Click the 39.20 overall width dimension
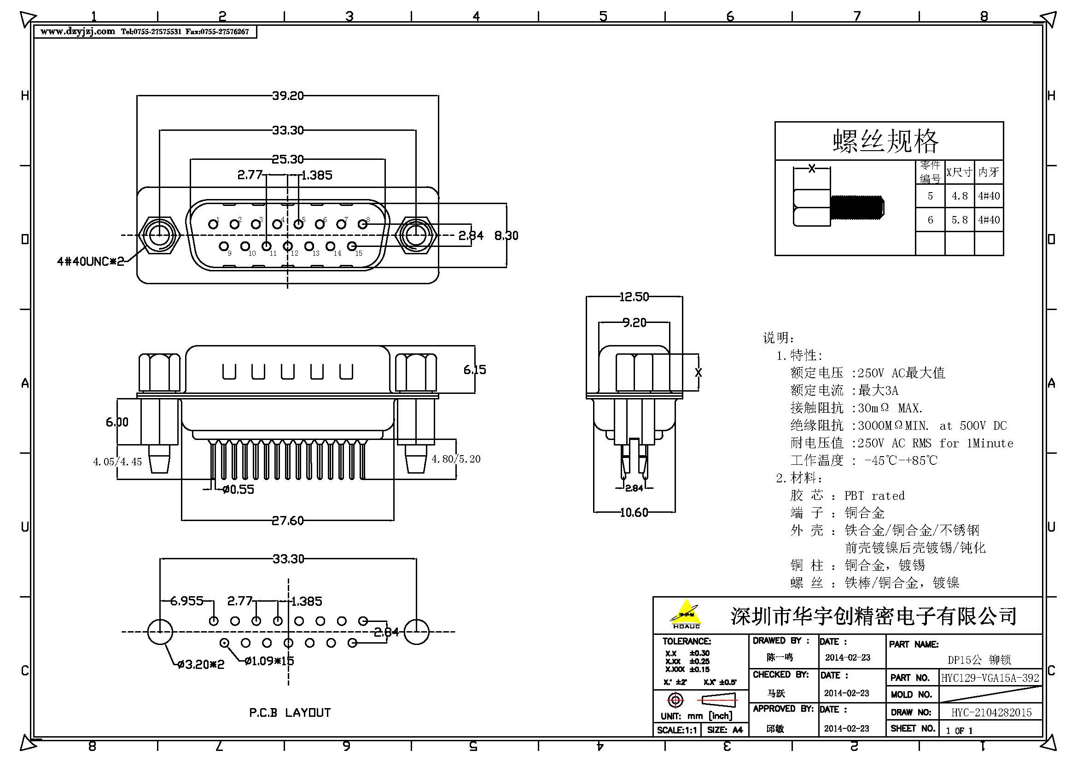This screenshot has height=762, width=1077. click(287, 96)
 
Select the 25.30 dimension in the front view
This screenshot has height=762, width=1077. click(287, 159)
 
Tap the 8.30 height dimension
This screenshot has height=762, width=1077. click(506, 235)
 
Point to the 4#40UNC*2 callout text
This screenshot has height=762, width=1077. click(90, 261)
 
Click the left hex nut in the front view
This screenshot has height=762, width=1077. click(159, 235)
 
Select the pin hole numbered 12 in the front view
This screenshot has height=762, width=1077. click(288, 246)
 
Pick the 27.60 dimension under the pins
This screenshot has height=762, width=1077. click(287, 520)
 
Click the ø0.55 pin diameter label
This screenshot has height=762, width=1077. click(239, 489)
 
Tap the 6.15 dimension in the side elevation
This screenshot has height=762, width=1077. click(475, 370)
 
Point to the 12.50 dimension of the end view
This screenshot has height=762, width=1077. click(634, 297)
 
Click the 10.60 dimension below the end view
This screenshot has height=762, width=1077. click(634, 512)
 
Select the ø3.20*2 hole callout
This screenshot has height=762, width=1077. click(201, 664)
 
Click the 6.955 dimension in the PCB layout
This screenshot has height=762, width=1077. click(186, 601)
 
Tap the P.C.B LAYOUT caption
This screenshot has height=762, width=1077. click(290, 712)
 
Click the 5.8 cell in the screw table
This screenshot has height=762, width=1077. click(959, 220)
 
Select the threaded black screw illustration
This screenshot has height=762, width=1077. click(856, 208)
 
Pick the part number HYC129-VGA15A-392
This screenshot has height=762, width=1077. click(990, 678)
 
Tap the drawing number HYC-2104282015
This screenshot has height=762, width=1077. click(991, 712)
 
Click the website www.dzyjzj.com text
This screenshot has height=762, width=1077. click(77, 31)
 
